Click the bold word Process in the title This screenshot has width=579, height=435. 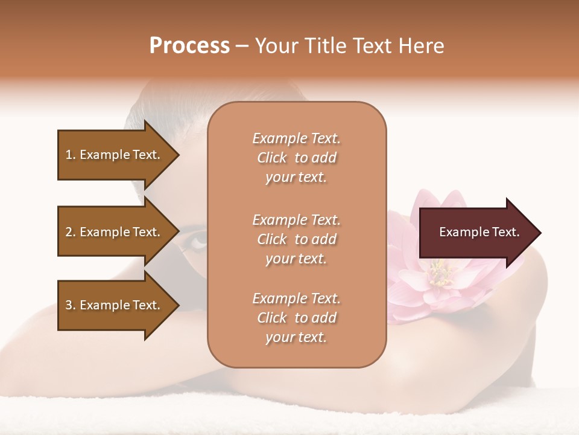[189, 46]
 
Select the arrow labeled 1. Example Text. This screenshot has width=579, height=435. [115, 155]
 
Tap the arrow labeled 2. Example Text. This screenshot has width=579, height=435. [115, 232]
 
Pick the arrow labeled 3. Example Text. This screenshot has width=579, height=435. [115, 305]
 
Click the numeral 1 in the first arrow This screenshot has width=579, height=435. [69, 155]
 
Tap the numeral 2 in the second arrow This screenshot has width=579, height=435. [69, 232]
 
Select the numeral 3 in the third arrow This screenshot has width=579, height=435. [69, 305]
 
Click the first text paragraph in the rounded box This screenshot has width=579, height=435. [296, 158]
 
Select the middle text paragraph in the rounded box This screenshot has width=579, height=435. [296, 239]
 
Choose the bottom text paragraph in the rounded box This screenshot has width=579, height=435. [296, 318]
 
